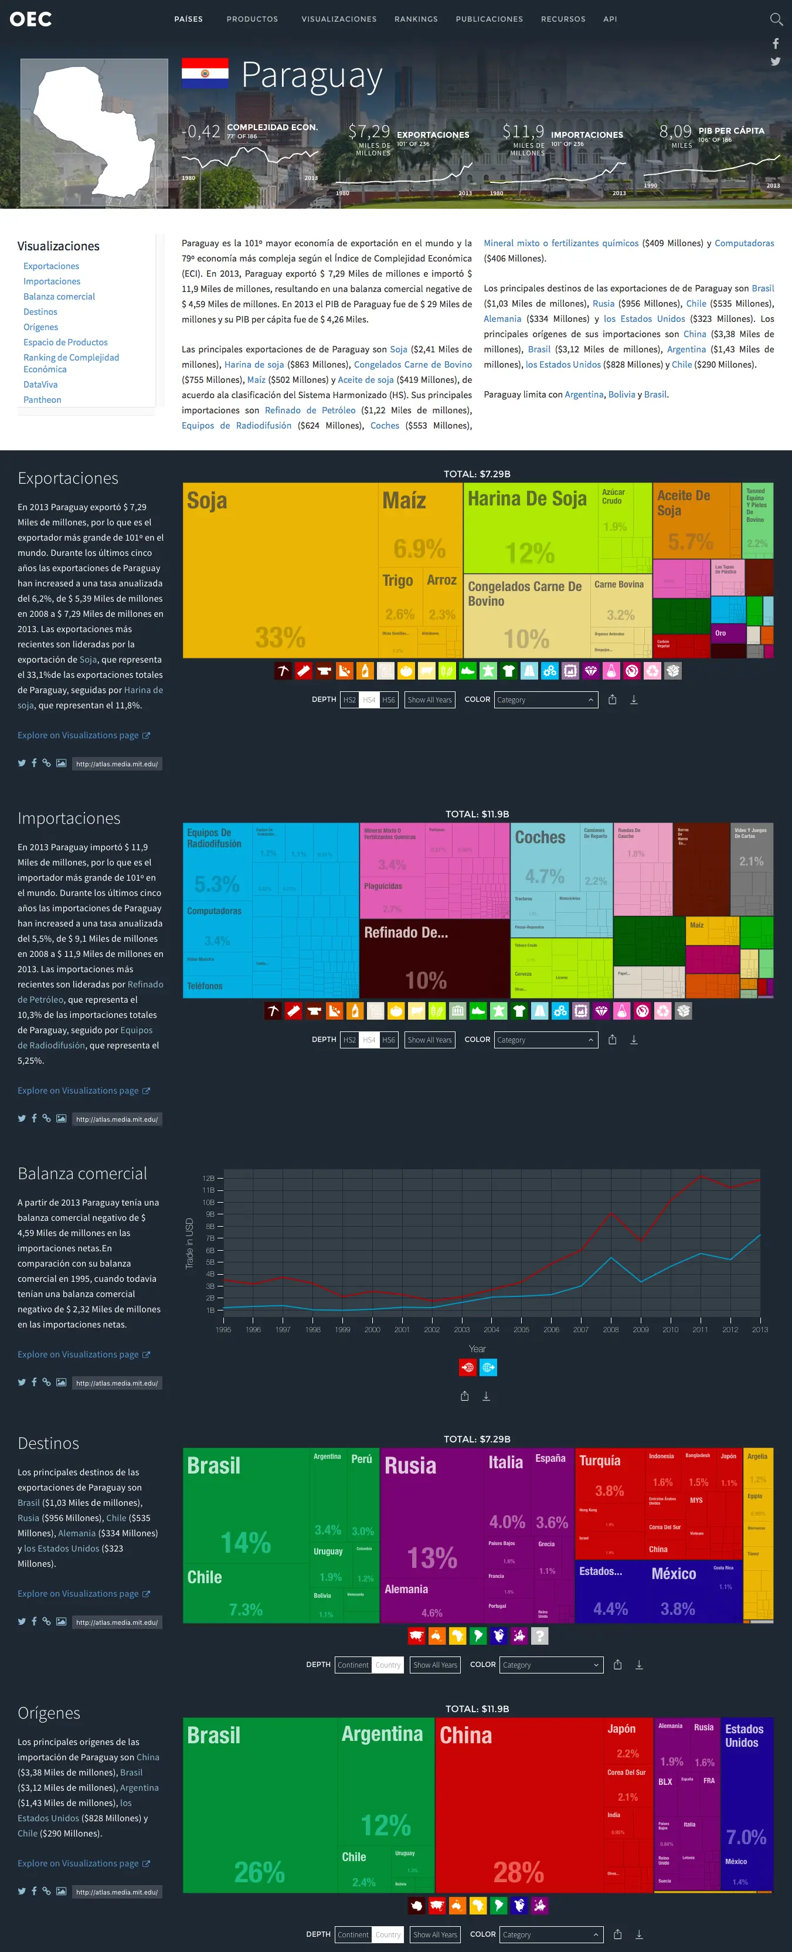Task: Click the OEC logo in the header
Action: (30, 19)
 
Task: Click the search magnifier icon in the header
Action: (776, 19)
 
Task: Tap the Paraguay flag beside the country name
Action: (205, 73)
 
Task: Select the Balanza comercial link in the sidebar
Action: (59, 296)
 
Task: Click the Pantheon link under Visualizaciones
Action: (42, 399)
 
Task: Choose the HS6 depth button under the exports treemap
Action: (388, 700)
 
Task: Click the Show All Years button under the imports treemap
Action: (429, 1040)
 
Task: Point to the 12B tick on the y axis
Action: (209, 1179)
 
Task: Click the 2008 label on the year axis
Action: (610, 1329)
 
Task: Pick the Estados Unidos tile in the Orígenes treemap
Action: (746, 1796)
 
